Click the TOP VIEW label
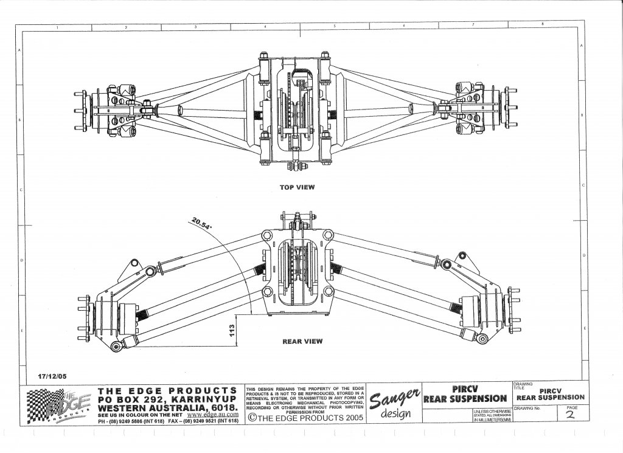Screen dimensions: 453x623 (297, 187)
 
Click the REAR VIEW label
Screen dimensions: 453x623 (302, 342)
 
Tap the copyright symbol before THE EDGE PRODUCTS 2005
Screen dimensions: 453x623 (251, 418)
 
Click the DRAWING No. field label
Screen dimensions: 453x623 (527, 408)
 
